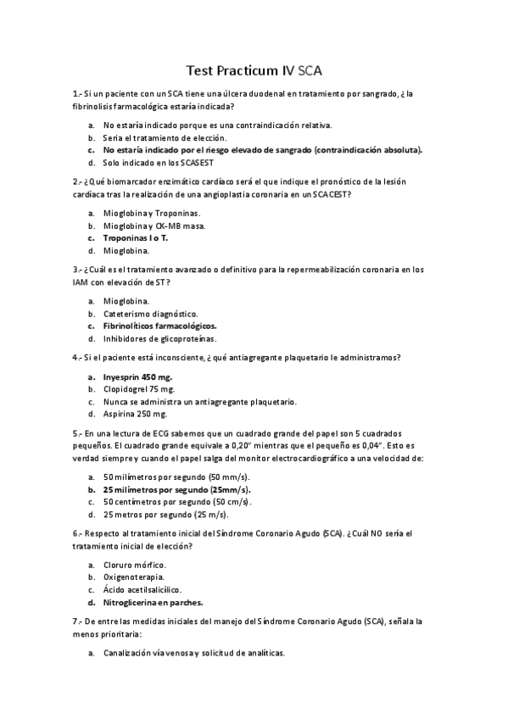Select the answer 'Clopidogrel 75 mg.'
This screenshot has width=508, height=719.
pos(138,389)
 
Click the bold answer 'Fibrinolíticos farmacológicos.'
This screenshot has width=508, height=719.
pos(159,326)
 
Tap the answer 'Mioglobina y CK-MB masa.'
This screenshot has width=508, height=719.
pos(154,226)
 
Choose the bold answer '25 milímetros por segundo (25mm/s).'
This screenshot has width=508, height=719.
pos(177,489)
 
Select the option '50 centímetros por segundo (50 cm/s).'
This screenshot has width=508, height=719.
pos(175,501)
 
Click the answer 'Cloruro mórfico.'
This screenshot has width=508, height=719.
pos(135,565)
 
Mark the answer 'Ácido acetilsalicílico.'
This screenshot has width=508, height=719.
pos(143,589)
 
